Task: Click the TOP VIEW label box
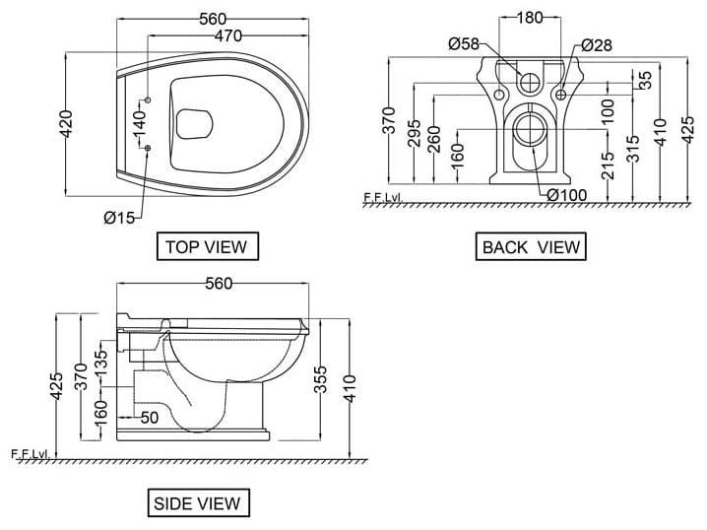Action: [206, 246]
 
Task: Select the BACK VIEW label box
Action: [531, 246]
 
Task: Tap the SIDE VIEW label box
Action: [196, 502]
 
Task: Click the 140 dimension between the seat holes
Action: [139, 124]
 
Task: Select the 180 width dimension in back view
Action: [530, 18]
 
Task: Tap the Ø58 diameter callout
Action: [463, 44]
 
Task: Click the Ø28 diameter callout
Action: [597, 44]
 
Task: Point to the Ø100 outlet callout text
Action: [566, 195]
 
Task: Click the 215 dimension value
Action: [608, 161]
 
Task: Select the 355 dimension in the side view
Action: [321, 387]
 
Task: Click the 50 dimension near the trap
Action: [150, 417]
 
